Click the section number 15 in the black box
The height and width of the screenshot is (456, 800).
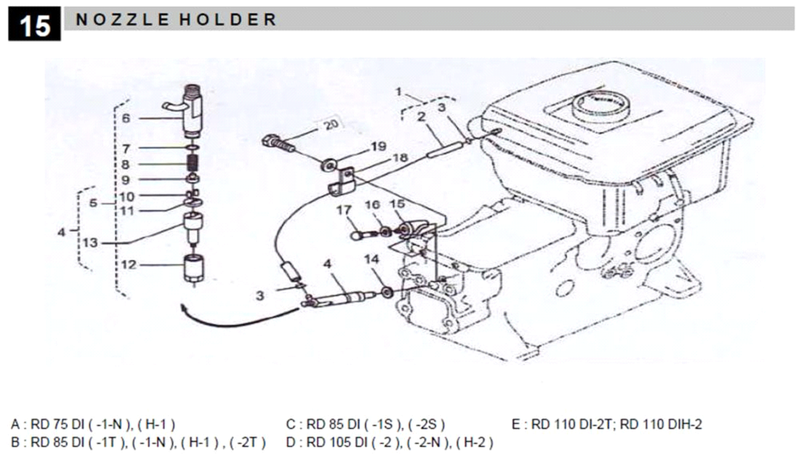[35, 25]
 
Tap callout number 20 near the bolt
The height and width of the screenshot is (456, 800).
[331, 124]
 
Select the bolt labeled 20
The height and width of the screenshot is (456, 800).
[277, 143]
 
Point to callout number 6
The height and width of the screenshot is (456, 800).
[126, 118]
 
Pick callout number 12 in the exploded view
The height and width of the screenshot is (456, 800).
[129, 265]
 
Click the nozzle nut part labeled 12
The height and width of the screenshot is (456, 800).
[194, 269]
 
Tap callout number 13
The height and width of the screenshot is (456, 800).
[90, 243]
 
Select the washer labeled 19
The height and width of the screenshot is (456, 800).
[328, 165]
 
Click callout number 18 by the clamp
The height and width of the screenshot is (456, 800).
[400, 158]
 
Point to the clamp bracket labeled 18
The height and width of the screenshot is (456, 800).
[343, 182]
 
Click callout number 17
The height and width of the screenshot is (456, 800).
[344, 210]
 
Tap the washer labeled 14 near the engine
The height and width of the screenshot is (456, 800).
[387, 292]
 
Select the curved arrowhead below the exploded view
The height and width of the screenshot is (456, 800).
[185, 309]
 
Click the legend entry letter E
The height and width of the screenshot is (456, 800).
[516, 425]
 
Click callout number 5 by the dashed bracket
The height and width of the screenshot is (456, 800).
[93, 203]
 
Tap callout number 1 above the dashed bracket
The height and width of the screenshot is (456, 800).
[398, 92]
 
